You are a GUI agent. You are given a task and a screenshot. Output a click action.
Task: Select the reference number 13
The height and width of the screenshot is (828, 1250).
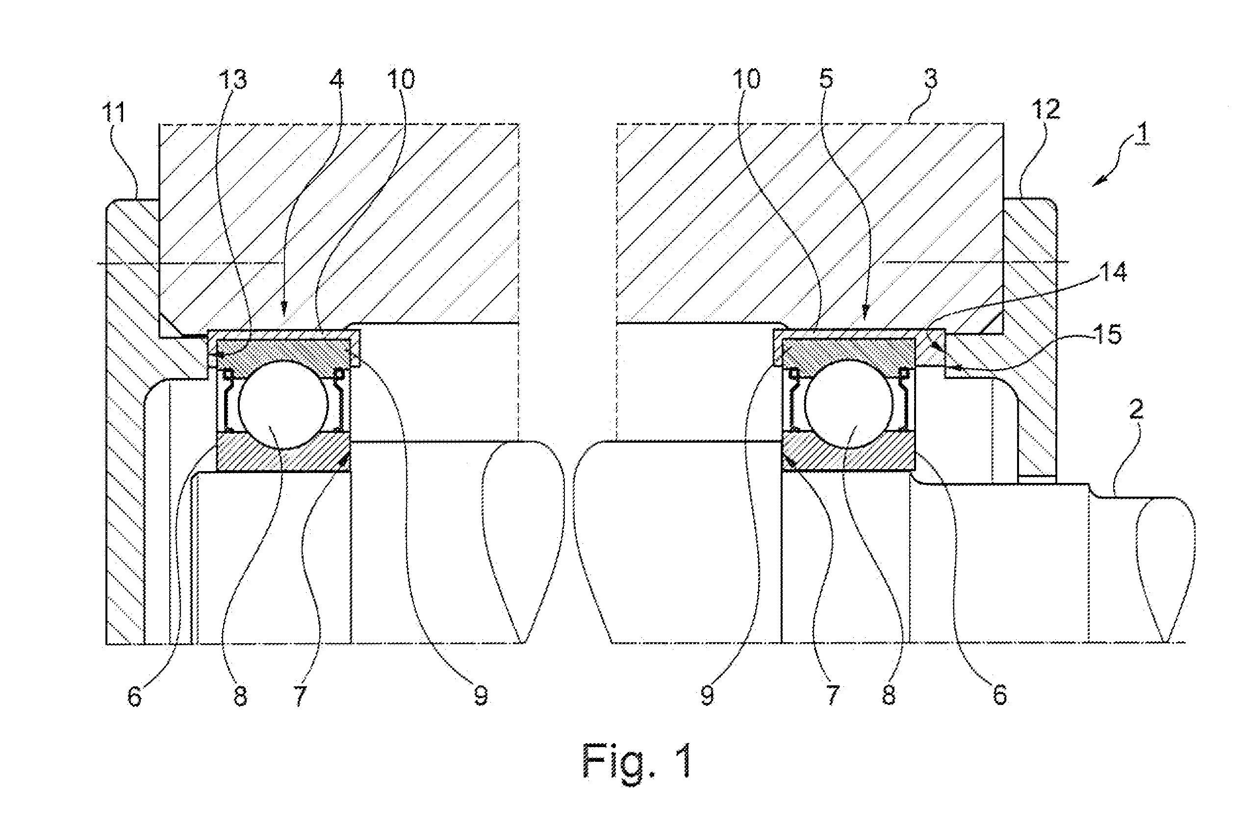click(x=232, y=80)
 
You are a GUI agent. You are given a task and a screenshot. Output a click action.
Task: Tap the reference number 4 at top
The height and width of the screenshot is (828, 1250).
click(x=336, y=79)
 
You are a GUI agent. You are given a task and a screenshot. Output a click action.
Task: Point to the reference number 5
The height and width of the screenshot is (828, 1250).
click(x=826, y=79)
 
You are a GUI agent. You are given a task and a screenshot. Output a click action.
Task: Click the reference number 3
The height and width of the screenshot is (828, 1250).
click(x=930, y=79)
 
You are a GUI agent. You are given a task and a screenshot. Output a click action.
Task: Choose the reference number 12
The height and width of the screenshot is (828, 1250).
click(x=1045, y=110)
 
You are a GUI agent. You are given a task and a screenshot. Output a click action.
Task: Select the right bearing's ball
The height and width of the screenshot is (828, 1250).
click(x=850, y=404)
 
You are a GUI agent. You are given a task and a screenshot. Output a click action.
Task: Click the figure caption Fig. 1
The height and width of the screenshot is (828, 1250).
click(x=637, y=760)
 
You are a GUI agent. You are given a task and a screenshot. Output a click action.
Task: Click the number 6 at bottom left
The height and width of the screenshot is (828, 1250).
click(x=135, y=696)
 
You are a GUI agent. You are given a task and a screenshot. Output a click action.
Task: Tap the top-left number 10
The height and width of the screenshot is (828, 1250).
click(x=401, y=79)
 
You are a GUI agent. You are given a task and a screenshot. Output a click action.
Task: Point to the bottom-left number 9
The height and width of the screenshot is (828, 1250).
click(x=481, y=696)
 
